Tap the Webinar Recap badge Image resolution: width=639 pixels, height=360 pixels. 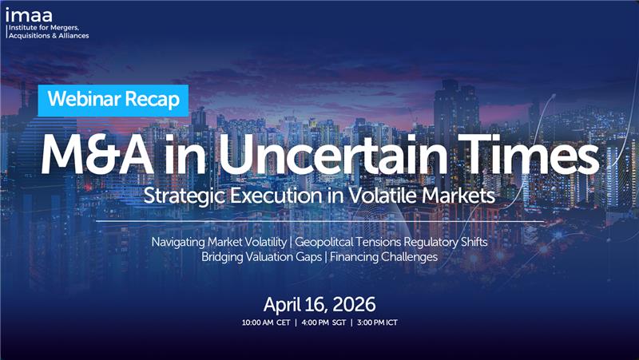point(113,100)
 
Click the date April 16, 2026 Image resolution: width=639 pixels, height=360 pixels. point(319,304)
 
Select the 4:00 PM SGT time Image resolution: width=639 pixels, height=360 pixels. point(321,323)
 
